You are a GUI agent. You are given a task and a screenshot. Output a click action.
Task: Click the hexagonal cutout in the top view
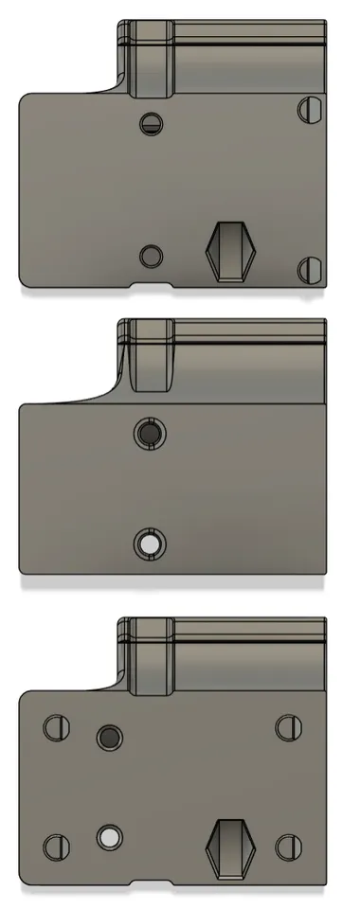click(x=232, y=252)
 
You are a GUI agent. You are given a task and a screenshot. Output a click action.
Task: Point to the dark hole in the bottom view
click(x=110, y=737)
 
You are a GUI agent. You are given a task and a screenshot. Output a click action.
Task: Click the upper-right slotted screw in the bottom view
click(x=287, y=727)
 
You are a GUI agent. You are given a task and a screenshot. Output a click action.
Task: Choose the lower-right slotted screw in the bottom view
click(x=287, y=846)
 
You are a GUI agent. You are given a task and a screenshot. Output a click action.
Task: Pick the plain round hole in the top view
click(x=150, y=255)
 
